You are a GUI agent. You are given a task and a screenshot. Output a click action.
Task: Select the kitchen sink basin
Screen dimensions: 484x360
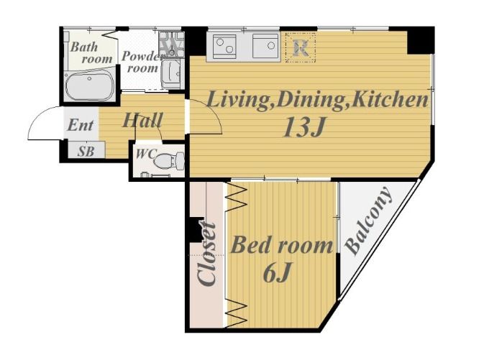coord(266,46)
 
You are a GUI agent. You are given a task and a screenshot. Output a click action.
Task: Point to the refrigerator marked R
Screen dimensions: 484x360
coord(301,47)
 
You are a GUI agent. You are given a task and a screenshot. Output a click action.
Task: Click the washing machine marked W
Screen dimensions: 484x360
coord(171,44)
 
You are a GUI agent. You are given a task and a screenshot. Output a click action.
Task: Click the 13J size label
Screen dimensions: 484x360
coord(304,126)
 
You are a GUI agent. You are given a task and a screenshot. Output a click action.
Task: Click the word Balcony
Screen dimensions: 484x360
coord(368,221)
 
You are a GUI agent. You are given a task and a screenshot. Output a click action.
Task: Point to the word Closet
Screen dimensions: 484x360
coord(207,254)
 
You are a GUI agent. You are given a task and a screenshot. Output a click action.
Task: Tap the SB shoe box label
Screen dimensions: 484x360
coord(86,151)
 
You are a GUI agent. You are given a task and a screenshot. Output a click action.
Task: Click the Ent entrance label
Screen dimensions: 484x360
coord(80,125)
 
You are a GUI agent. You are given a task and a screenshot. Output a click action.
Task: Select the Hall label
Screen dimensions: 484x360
coord(142,120)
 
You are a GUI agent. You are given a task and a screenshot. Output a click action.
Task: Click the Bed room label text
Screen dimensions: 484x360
coord(282,244)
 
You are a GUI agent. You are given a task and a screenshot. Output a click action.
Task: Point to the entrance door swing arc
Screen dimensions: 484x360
coord(37,117)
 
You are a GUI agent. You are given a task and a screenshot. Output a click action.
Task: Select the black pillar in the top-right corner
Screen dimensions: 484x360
coord(421,40)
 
